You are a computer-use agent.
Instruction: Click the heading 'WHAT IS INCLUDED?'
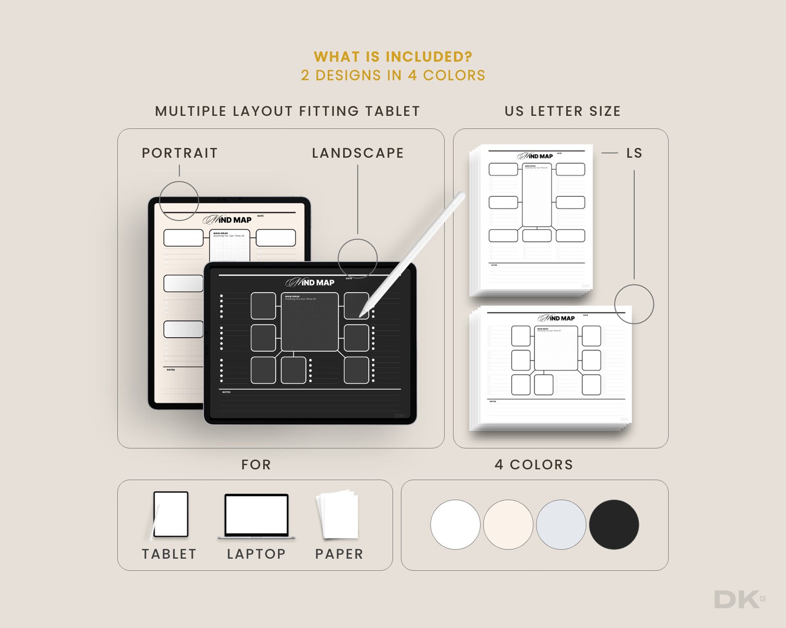tap(393, 57)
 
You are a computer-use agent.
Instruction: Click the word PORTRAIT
tap(180, 153)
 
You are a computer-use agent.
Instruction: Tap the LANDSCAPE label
tap(358, 153)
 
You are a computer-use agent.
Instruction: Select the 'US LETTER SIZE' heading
tap(563, 111)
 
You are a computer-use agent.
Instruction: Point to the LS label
tap(634, 153)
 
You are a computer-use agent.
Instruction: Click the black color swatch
tap(614, 524)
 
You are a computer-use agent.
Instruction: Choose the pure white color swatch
tap(455, 524)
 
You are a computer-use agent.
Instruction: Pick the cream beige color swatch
tap(508, 524)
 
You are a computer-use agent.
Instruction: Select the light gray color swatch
tap(561, 524)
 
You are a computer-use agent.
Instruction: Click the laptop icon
tap(256, 515)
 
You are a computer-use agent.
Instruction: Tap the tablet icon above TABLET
tap(171, 514)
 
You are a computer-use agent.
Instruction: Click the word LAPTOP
tap(256, 554)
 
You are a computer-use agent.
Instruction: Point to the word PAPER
tap(339, 554)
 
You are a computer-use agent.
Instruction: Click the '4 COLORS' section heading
tap(534, 465)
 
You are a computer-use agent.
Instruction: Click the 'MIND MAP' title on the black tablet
tap(311, 282)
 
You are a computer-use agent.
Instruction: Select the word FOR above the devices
tap(256, 465)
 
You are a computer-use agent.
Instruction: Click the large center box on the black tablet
tap(310, 322)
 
